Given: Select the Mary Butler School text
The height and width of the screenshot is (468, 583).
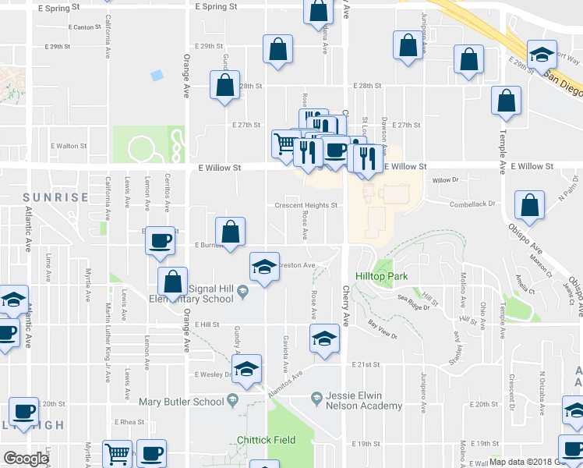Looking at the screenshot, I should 181,402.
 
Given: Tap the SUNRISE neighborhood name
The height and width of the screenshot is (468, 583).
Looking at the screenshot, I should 55,197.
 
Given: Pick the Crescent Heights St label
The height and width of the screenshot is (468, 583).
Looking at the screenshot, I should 306,206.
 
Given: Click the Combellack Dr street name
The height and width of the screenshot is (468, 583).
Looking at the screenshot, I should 472,204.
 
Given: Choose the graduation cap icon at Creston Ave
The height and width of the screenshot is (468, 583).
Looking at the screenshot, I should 264,268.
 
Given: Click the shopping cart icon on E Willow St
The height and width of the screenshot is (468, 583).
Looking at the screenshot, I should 285,144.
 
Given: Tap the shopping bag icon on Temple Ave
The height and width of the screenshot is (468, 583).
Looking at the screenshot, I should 507,101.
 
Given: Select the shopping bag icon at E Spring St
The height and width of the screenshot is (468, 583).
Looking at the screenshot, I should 318,11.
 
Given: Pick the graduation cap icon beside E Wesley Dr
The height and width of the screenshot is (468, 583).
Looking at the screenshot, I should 246,368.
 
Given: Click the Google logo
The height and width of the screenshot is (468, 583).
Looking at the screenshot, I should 26,459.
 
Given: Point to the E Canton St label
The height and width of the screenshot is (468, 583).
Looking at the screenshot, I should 80,27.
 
